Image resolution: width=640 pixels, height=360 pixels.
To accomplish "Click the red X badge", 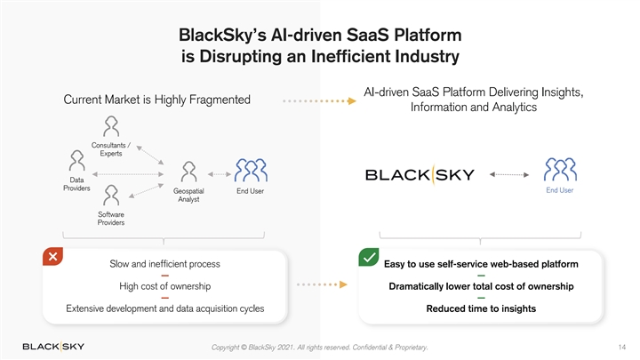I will click(x=53, y=257).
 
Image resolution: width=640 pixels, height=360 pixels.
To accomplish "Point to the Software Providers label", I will click(x=111, y=219).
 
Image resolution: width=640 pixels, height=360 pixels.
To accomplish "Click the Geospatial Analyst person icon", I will click(x=188, y=172).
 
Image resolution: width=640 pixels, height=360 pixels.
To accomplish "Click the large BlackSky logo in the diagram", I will click(x=420, y=174).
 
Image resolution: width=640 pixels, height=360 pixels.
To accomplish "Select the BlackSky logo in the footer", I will click(x=53, y=346).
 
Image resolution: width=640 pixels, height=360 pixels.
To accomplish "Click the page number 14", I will click(x=620, y=346).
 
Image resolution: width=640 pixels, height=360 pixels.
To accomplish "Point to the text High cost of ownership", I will click(x=164, y=286).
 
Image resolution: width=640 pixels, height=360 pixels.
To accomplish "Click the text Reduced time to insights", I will click(x=481, y=308).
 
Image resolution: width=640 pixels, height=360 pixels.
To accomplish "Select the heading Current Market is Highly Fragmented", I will click(x=156, y=99).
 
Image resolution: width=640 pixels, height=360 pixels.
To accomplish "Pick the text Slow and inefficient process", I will click(x=164, y=264).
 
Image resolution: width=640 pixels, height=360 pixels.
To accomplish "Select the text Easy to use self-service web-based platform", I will click(x=481, y=264).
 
